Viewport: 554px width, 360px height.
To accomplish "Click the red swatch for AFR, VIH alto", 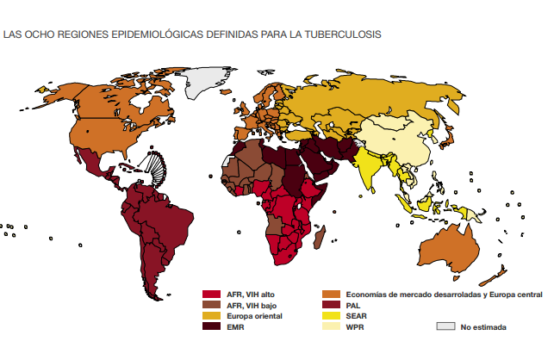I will point(210,295).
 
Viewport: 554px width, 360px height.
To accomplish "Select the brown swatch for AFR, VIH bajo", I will point(210,305).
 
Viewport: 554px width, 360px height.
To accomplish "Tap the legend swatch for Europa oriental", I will point(210,316).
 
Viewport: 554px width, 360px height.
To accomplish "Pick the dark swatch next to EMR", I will point(210,326).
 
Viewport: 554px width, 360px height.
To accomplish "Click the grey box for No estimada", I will point(445,326).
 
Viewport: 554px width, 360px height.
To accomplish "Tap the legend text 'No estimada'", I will point(483,327).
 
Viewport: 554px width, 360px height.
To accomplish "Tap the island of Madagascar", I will point(320,235).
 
